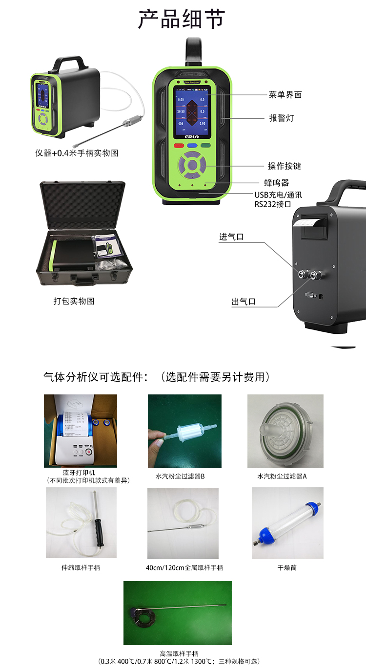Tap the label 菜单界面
(x=285, y=95)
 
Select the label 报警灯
(x=282, y=118)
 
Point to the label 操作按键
(x=285, y=166)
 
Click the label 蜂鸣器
(x=277, y=183)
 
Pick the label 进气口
(x=231, y=237)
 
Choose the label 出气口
(x=244, y=302)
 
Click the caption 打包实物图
(x=74, y=301)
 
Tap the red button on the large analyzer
(x=178, y=145)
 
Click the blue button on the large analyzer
(x=192, y=145)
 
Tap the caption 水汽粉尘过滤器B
(x=180, y=476)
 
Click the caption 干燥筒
(x=287, y=568)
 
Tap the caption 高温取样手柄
(x=179, y=653)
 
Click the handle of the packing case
(x=84, y=281)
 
